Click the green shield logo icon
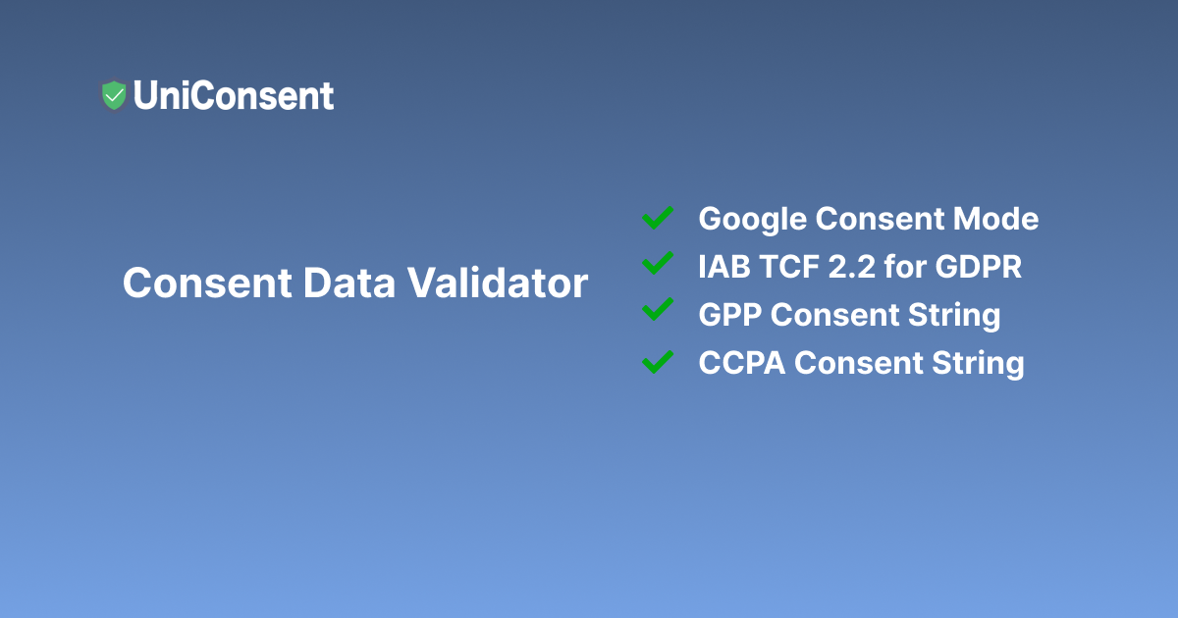pos(114,95)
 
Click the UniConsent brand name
pos(234,95)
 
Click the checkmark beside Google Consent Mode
pos(657,218)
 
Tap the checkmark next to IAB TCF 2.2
pos(657,265)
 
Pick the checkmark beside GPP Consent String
pos(657,313)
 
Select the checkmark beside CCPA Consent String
pos(657,361)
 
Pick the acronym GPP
pos(730,315)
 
